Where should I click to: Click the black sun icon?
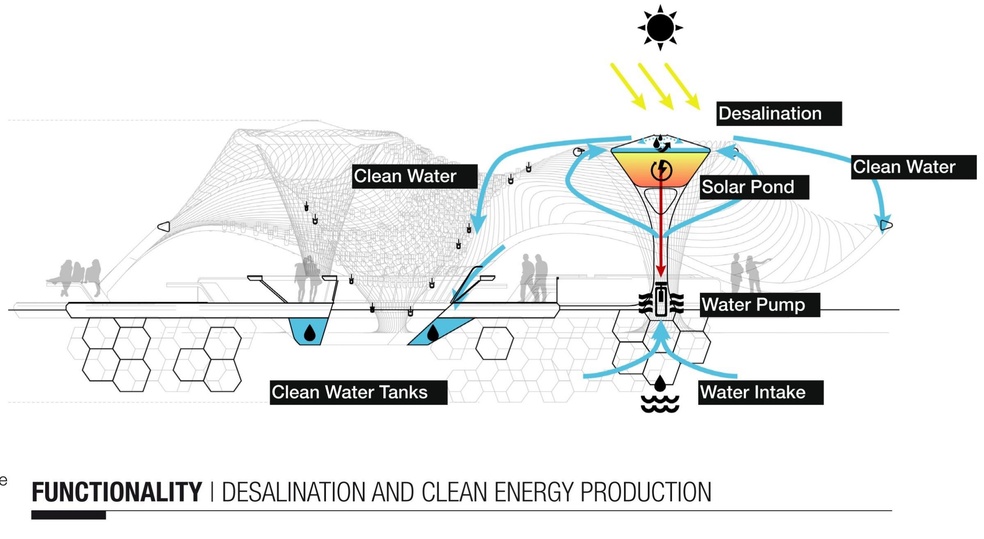tap(660, 28)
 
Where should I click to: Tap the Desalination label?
tap(779, 113)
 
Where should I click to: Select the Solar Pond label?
tap(754, 187)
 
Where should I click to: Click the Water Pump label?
tap(759, 305)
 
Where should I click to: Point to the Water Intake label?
tap(760, 392)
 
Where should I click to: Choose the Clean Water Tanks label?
tap(358, 392)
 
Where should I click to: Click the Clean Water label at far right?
tap(913, 167)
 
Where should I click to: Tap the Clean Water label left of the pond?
tap(414, 177)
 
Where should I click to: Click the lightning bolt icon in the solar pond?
tap(661, 170)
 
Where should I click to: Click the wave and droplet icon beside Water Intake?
tap(660, 395)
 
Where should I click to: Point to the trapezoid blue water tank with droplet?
tap(309, 331)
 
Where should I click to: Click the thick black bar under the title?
tap(68, 515)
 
